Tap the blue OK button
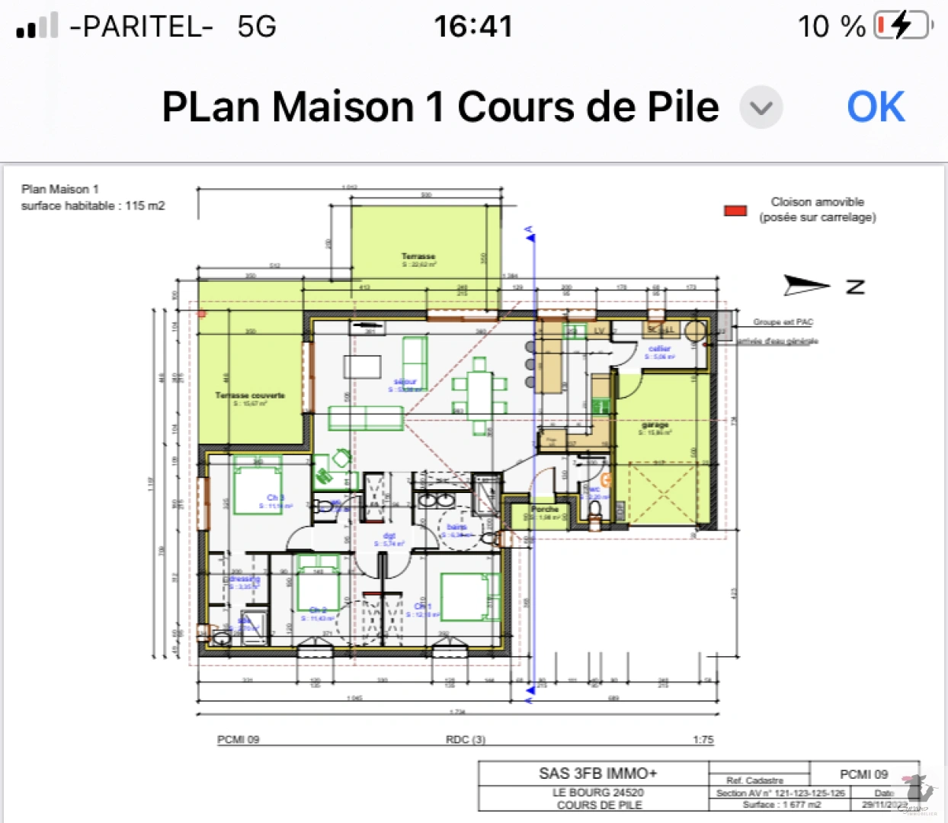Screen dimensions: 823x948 point(876,107)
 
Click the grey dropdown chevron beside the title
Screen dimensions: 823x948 point(761,107)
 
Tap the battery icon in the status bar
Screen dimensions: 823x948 point(903,26)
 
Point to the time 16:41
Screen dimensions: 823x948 point(473,27)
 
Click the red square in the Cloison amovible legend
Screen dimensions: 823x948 point(735,210)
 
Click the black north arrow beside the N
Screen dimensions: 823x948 point(806,286)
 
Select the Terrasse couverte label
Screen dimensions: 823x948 point(250,395)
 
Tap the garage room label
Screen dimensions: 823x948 point(655,424)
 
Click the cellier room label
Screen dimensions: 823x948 point(659,349)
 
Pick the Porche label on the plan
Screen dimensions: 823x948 point(545,509)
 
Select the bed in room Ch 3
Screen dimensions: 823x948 point(258,485)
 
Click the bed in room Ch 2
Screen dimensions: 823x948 point(318,590)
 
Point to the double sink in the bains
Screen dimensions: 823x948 point(436,501)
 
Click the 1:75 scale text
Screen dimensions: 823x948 point(703,739)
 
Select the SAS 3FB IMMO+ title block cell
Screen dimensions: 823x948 point(597,773)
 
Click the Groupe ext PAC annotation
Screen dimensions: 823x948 point(783,322)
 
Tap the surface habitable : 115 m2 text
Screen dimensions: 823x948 point(93,206)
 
